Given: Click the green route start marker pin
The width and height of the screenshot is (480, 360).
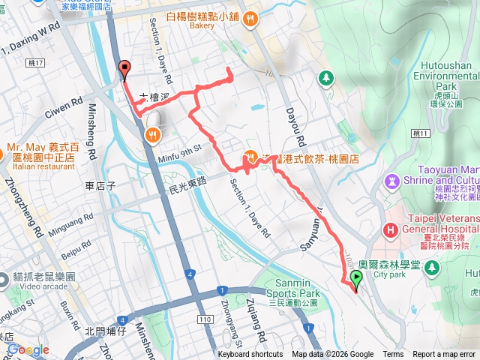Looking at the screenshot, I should pos(355,281).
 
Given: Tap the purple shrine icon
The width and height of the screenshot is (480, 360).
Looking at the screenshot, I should pos(392,181).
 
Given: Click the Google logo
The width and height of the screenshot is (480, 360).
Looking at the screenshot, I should pos(28,349).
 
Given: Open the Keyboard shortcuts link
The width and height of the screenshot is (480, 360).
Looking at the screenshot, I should pos(250,355).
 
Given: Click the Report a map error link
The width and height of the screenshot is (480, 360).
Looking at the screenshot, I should pos(445,355).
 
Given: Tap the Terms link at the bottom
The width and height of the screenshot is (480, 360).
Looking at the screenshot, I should pos(393,355).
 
